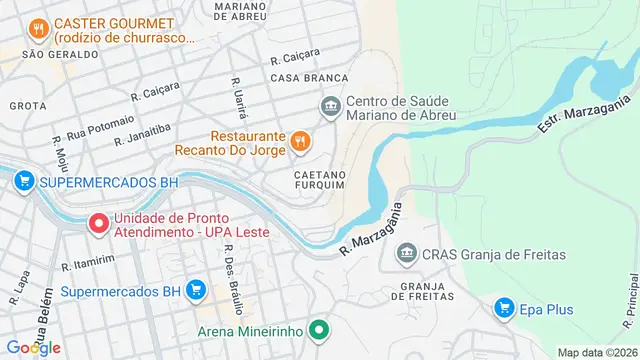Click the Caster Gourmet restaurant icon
click(37, 30)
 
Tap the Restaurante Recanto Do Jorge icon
click(299, 143)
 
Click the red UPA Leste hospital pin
click(98, 224)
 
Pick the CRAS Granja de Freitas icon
click(407, 255)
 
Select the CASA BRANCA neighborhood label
click(309, 77)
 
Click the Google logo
click(33, 347)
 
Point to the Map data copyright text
click(596, 352)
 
